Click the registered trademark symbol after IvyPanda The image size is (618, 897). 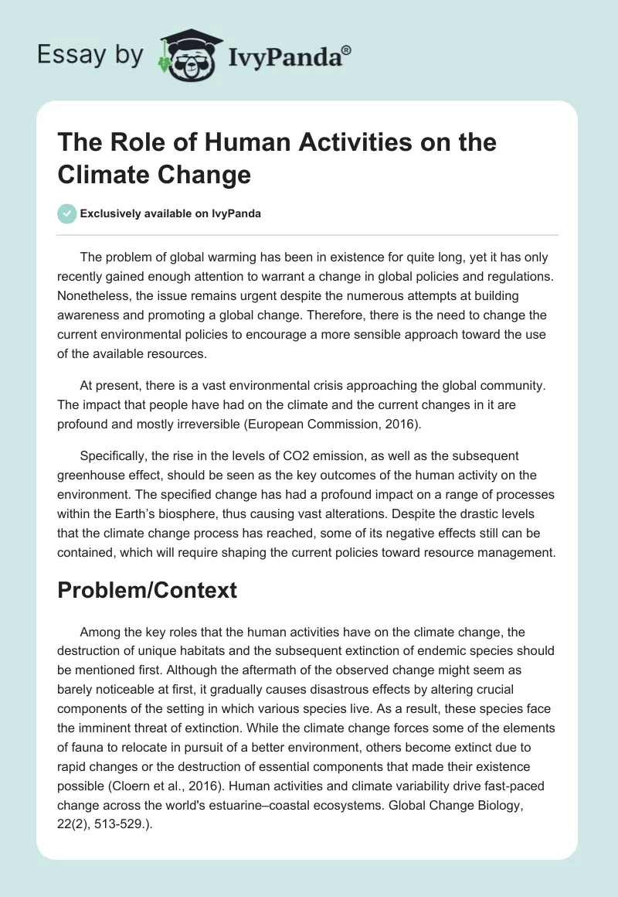click(x=347, y=50)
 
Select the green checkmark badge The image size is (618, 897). click(x=67, y=213)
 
